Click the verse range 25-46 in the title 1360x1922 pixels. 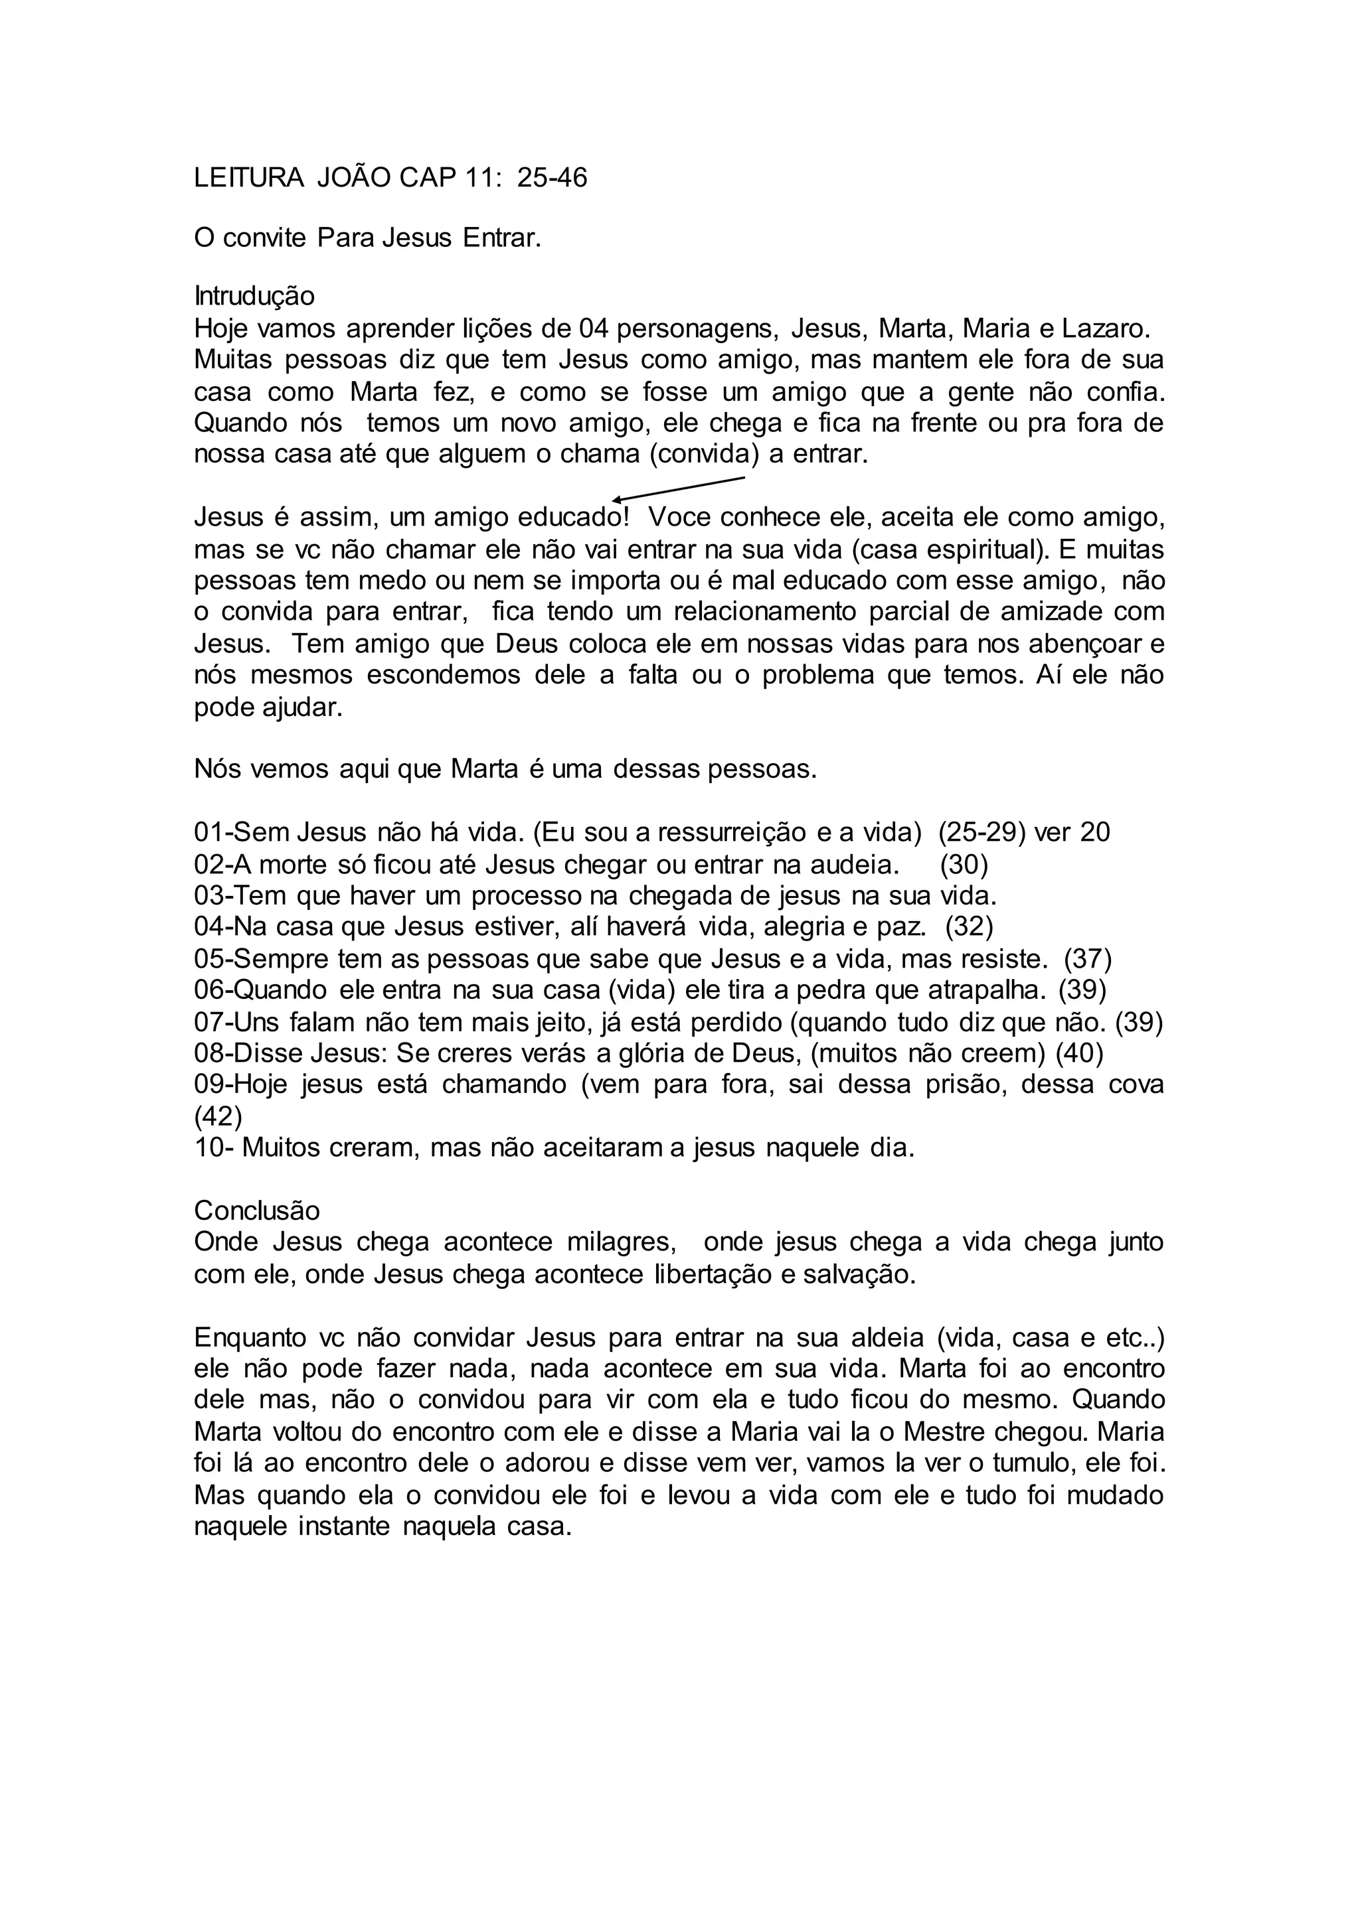(x=552, y=179)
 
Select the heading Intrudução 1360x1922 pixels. (x=254, y=297)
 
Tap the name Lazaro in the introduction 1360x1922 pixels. (x=1106, y=328)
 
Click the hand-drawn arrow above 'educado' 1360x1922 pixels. (x=678, y=489)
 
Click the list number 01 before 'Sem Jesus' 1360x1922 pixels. (x=209, y=833)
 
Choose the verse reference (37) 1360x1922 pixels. (x=1088, y=959)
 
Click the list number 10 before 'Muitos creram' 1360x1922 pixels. (x=209, y=1147)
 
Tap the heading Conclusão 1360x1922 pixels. (x=257, y=1211)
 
